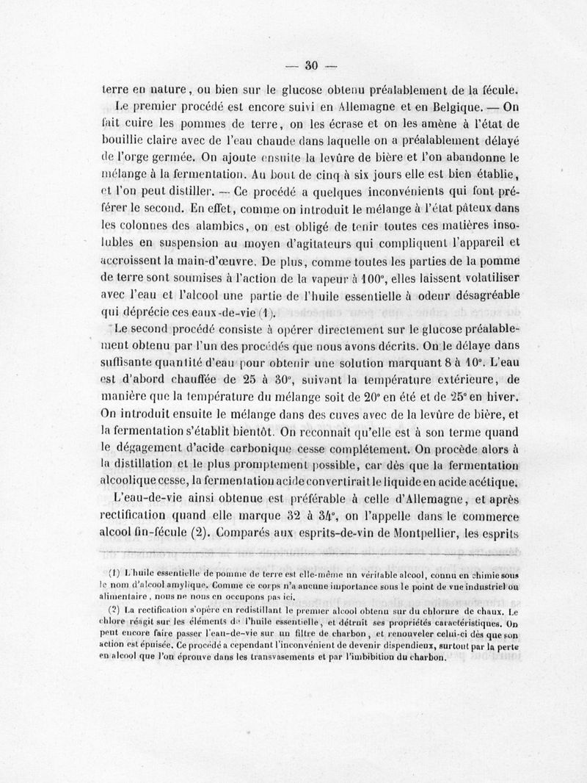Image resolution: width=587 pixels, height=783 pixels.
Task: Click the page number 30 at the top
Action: pyautogui.click(x=309, y=65)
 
